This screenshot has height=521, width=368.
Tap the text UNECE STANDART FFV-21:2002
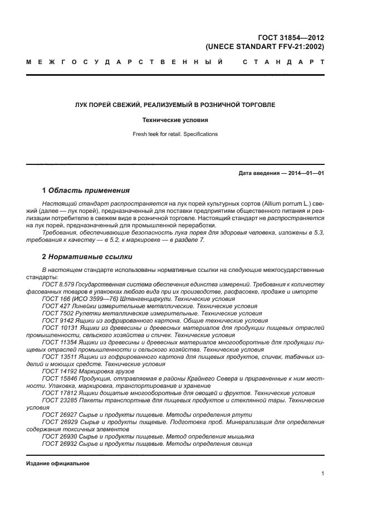click(265, 47)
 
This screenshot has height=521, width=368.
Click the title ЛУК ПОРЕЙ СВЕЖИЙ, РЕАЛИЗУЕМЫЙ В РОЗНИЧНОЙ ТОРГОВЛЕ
click(175, 104)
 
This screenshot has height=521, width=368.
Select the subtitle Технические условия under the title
click(175, 120)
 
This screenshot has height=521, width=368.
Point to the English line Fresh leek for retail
click(175, 134)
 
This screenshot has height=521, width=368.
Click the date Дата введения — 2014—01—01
click(281, 173)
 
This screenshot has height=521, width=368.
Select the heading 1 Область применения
click(86, 190)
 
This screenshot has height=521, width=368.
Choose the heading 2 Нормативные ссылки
click(87, 257)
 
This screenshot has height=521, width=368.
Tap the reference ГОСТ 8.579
click(58, 284)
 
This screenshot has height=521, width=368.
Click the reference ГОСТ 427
click(55, 306)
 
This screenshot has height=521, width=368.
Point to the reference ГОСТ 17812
click(58, 393)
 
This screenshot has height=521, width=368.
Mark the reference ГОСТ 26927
click(58, 415)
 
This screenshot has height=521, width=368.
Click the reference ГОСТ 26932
click(58, 444)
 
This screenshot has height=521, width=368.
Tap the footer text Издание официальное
click(58, 464)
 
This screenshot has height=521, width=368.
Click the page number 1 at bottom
click(322, 474)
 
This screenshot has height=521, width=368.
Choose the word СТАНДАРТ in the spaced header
click(283, 62)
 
